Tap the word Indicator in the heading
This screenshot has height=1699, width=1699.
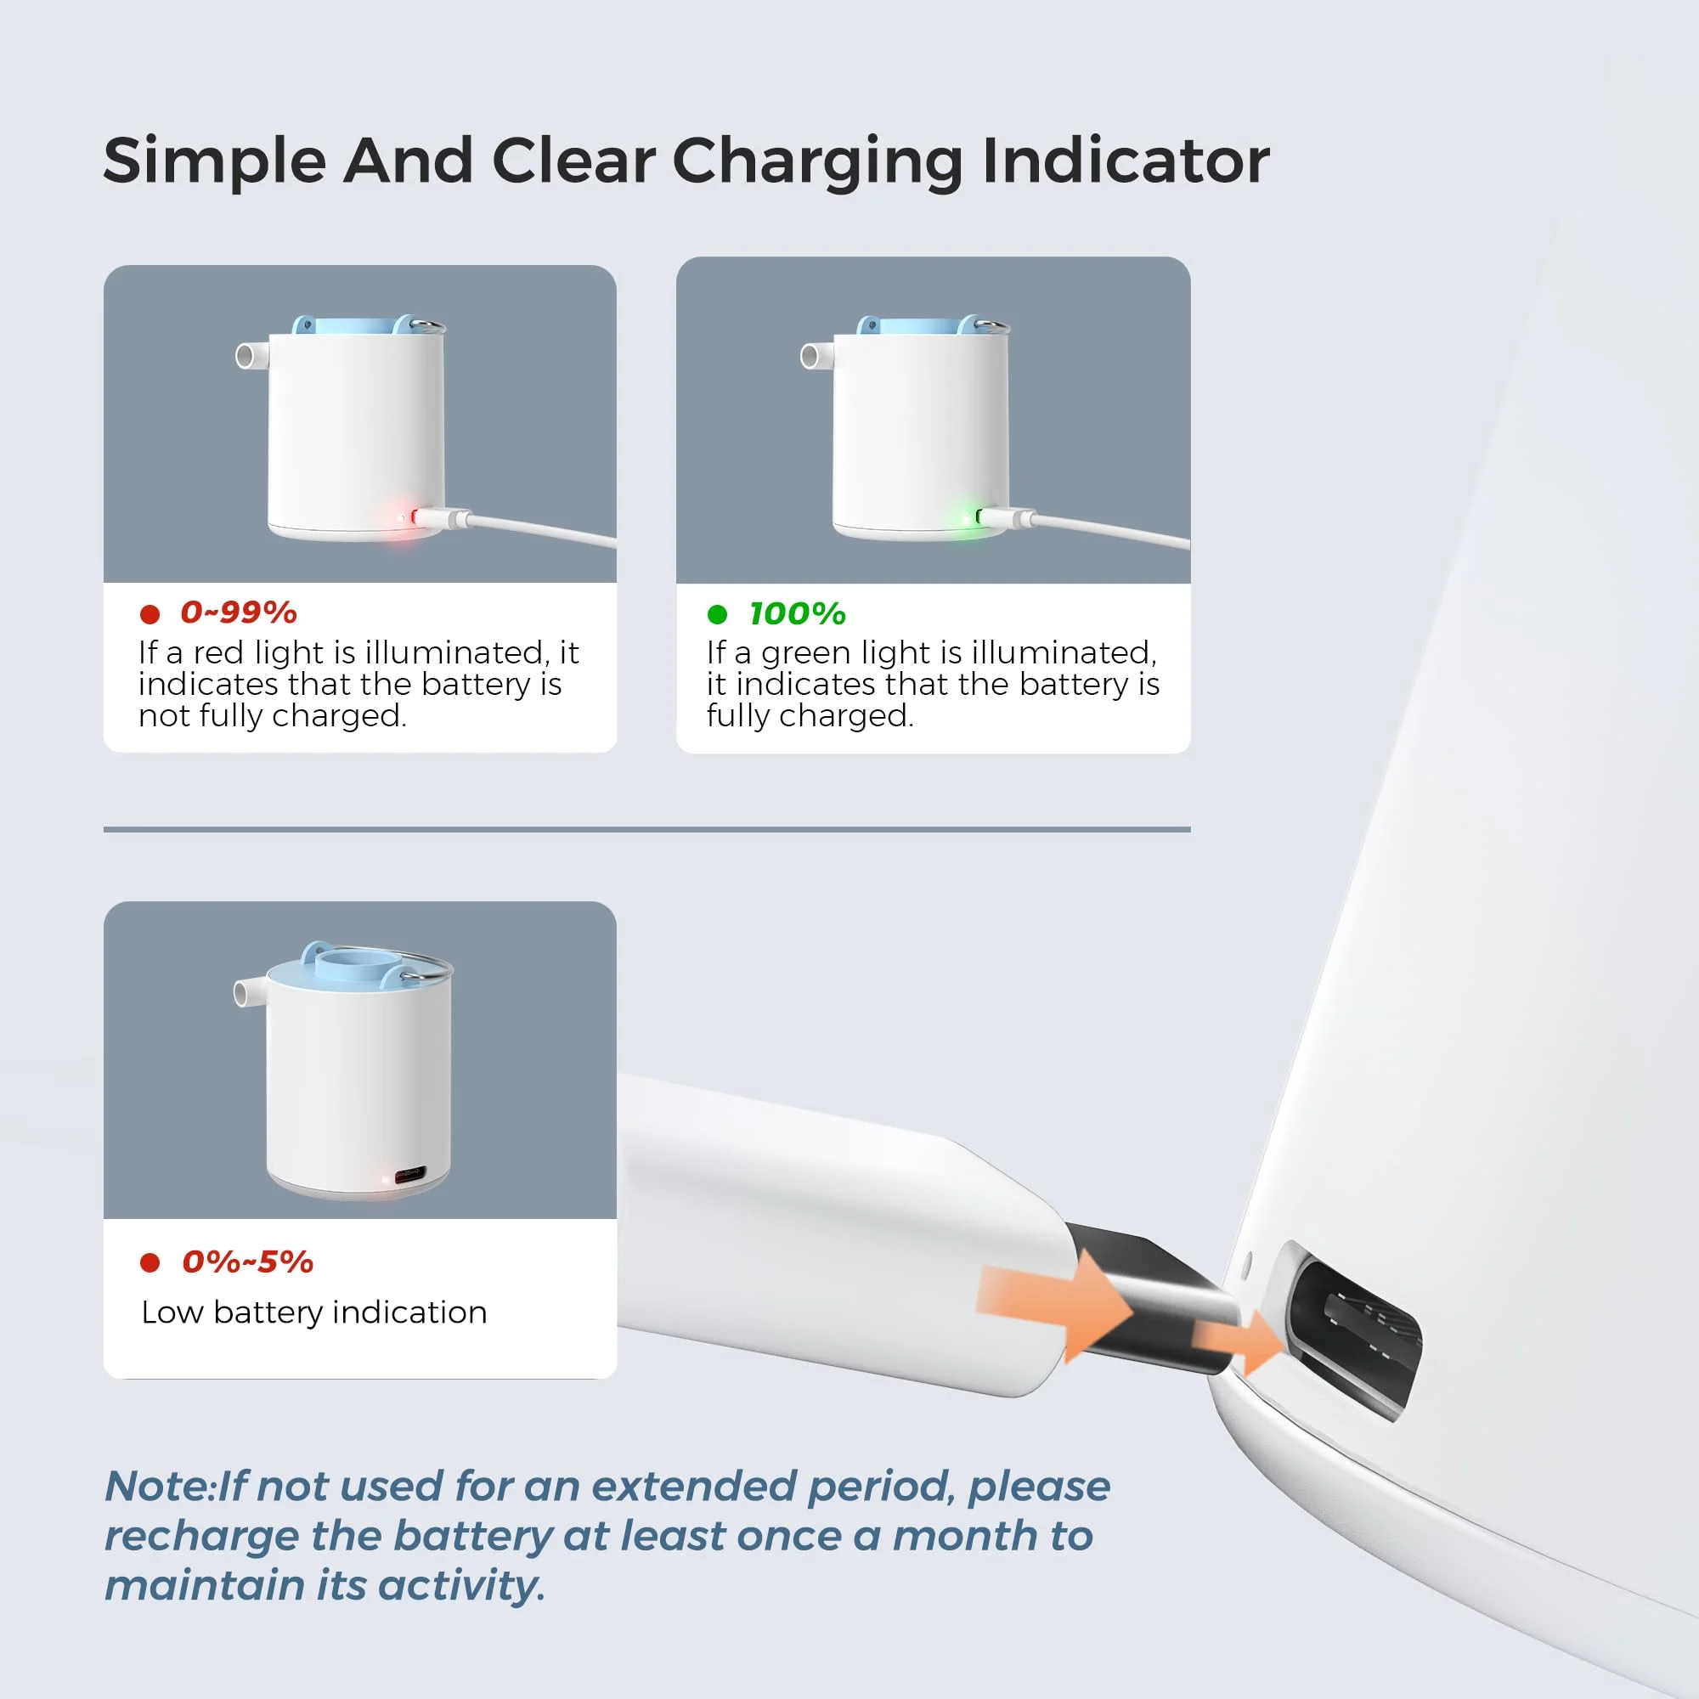point(1126,161)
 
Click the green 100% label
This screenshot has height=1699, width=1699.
point(797,614)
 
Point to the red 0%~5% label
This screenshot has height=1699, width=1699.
point(247,1262)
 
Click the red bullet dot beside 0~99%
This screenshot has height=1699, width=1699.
point(150,614)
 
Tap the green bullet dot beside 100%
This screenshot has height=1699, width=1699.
point(717,614)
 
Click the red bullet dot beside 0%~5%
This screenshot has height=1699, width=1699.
point(150,1263)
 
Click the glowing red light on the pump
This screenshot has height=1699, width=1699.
point(403,519)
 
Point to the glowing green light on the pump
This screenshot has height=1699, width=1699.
point(968,519)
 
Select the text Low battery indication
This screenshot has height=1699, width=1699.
point(314,1312)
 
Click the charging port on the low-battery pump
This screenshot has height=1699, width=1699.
point(410,1173)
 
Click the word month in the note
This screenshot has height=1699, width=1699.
point(965,1536)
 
